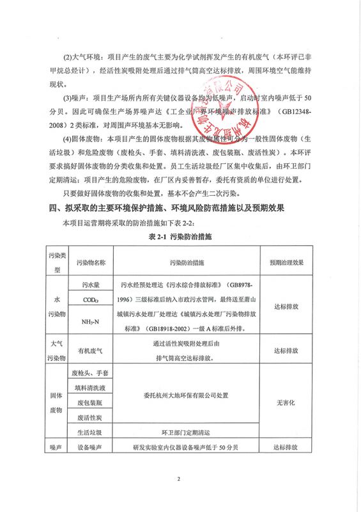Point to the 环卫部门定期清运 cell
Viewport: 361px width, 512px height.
point(187,433)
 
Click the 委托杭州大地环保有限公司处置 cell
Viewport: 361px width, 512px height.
point(187,396)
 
